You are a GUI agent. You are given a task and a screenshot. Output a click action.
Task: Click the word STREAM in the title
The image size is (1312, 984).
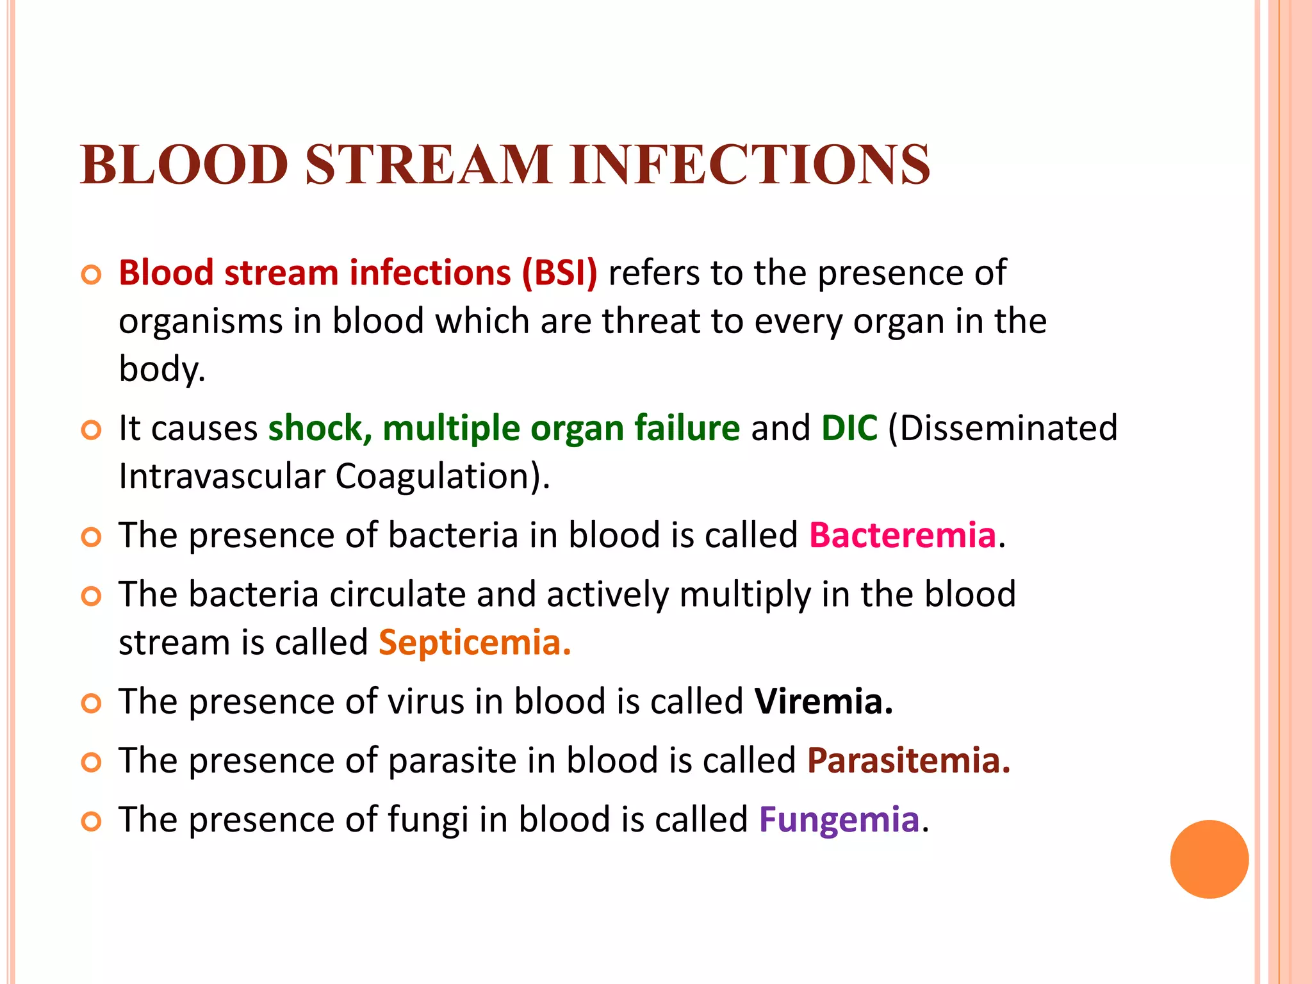point(428,165)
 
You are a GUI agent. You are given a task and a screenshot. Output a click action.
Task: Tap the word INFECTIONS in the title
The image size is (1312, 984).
point(750,165)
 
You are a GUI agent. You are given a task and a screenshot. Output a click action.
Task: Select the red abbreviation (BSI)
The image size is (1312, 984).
point(559,273)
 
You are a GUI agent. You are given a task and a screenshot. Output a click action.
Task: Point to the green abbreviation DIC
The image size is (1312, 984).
point(849,428)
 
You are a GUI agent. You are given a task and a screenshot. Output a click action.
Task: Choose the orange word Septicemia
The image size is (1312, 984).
point(474,643)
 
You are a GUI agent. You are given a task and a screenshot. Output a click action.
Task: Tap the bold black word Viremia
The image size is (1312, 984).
point(823,701)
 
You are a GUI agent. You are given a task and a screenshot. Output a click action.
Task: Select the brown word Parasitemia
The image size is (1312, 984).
point(908,760)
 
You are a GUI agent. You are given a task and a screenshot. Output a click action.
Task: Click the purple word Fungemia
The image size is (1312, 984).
point(839,819)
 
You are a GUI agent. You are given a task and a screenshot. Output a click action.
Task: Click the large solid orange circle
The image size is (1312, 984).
point(1209,859)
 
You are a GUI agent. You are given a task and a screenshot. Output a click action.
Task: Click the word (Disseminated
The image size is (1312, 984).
point(1003,428)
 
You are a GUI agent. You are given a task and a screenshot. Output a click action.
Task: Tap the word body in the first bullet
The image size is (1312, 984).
point(161,370)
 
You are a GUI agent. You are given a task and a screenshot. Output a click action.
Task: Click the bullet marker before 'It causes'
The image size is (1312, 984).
point(92,430)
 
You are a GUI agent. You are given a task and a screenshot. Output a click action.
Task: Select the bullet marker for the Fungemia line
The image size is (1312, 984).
point(92,821)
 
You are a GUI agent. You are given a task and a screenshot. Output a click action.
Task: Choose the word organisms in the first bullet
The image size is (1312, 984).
point(201,322)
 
